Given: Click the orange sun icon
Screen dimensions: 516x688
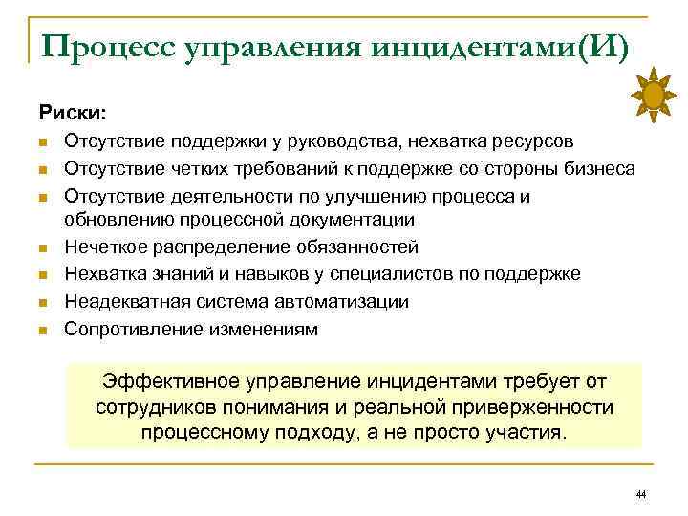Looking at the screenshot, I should click(x=654, y=96).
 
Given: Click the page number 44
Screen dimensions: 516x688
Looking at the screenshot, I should click(x=640, y=494).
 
